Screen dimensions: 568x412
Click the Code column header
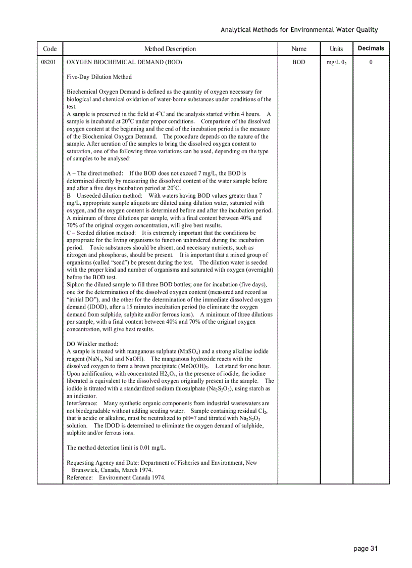[49, 49]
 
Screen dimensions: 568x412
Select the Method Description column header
[170, 49]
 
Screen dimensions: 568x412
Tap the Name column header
[299, 49]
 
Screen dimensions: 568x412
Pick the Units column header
[336, 49]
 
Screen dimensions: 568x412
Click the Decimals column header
[371, 49]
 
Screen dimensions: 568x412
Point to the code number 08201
[49, 62]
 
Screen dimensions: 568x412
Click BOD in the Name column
[299, 62]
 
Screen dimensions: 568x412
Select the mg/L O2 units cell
[337, 63]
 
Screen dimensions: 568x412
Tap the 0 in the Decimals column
[371, 62]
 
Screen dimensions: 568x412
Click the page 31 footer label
[366, 549]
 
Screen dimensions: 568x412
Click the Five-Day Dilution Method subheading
[99, 77]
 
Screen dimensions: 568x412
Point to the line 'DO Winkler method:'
[92, 344]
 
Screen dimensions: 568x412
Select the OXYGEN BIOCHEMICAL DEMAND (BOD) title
[124, 62]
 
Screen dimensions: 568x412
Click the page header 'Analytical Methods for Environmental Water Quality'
[299, 30]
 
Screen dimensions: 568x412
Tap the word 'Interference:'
[82, 403]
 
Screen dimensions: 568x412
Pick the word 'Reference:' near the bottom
[80, 477]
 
